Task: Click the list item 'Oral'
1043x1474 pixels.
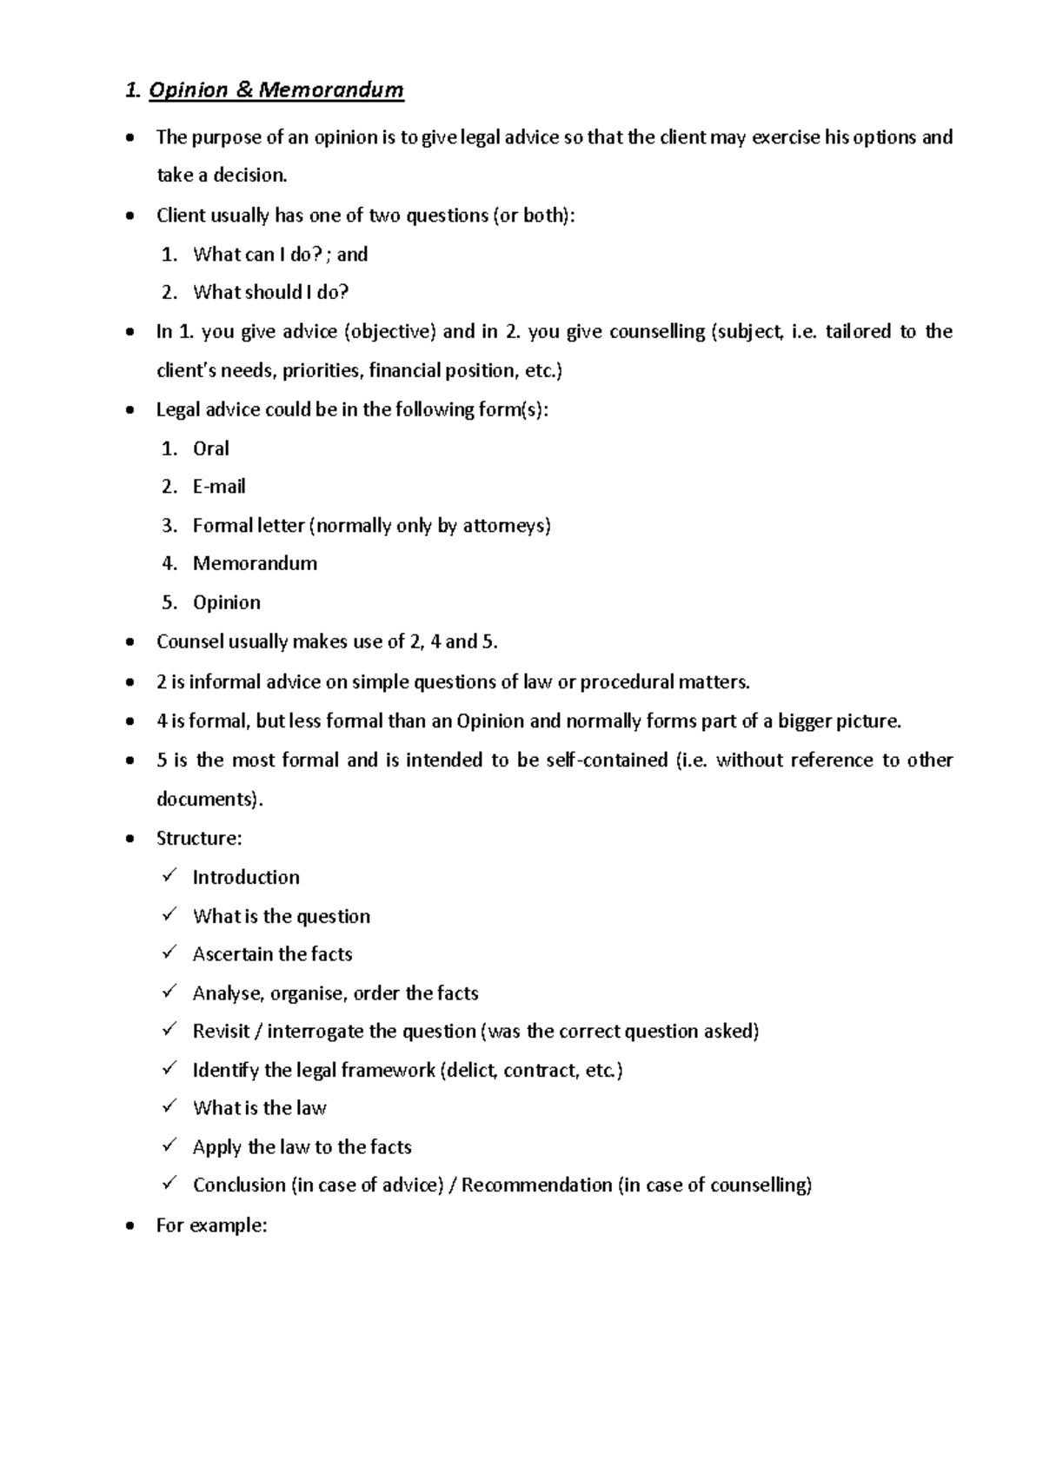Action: [x=210, y=448]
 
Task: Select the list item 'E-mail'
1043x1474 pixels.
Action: [x=219, y=487]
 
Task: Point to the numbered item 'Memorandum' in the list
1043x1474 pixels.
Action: [x=255, y=563]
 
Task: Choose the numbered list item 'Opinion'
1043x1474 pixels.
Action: [x=226, y=602]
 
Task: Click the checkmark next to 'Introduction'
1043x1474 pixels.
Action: [x=169, y=876]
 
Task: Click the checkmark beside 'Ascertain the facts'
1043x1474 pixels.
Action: [x=169, y=953]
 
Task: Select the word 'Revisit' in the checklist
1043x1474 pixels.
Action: [x=221, y=1032]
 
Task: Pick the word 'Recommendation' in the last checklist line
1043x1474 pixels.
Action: [x=536, y=1185]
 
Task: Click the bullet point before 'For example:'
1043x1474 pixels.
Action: [x=130, y=1226]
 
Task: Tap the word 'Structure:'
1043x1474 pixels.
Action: [x=198, y=839]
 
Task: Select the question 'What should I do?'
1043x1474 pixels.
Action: [x=270, y=293]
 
